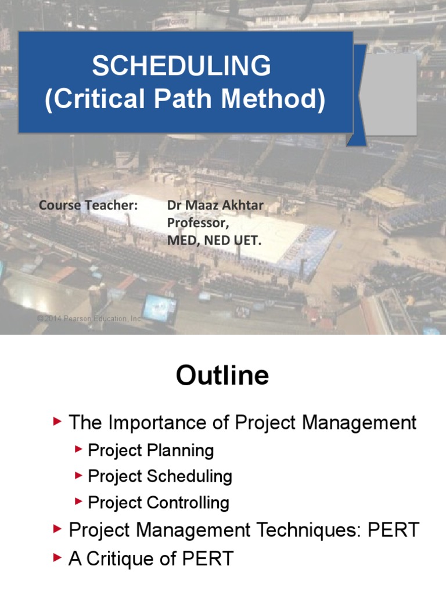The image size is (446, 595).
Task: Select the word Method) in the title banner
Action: [275, 100]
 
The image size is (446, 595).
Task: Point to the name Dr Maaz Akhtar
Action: [215, 205]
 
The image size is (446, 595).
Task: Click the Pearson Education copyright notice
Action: [89, 319]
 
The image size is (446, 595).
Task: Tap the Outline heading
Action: [222, 376]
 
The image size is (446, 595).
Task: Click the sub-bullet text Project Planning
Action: [151, 450]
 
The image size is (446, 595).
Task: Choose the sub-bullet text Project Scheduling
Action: [160, 476]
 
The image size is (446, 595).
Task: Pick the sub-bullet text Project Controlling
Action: [159, 503]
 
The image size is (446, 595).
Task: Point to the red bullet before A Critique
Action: [57, 558]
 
